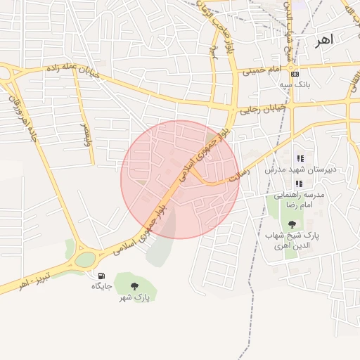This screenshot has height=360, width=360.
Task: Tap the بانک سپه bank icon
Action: tap(295, 74)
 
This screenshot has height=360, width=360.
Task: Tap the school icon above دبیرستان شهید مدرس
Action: tap(300, 159)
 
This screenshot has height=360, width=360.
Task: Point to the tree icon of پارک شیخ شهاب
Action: tap(291, 224)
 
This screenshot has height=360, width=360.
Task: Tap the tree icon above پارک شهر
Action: tap(134, 285)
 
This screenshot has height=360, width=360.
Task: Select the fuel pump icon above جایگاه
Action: tap(102, 275)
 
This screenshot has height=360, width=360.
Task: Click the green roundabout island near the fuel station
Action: tap(85, 259)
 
